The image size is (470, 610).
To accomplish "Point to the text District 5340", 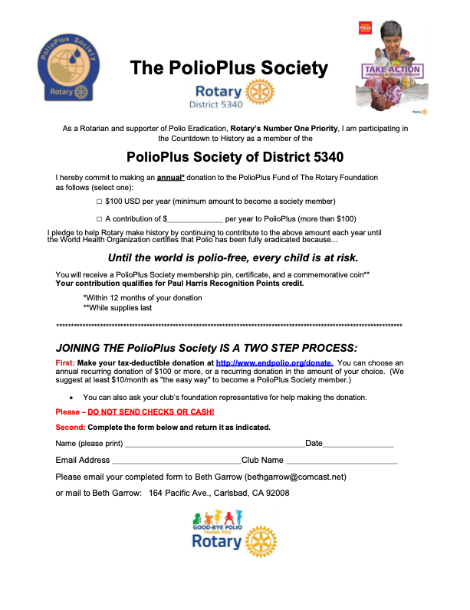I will coord(219,102).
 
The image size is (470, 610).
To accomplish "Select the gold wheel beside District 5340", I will coord(261,93).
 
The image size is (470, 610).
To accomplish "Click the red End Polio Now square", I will coord(366,28).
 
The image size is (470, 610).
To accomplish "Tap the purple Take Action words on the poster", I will coord(391,70).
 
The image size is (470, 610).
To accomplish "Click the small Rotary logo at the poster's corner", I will coord(418,111).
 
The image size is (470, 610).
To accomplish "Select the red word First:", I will coord(65,362).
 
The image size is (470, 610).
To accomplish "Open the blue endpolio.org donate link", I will coord(274,362).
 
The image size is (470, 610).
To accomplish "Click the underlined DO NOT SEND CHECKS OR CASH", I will coord(151,412).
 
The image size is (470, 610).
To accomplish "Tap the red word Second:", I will coord(70,427).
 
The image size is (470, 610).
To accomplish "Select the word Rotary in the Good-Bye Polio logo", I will coord(217,544).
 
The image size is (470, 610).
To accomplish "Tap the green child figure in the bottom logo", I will coord(199,518).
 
